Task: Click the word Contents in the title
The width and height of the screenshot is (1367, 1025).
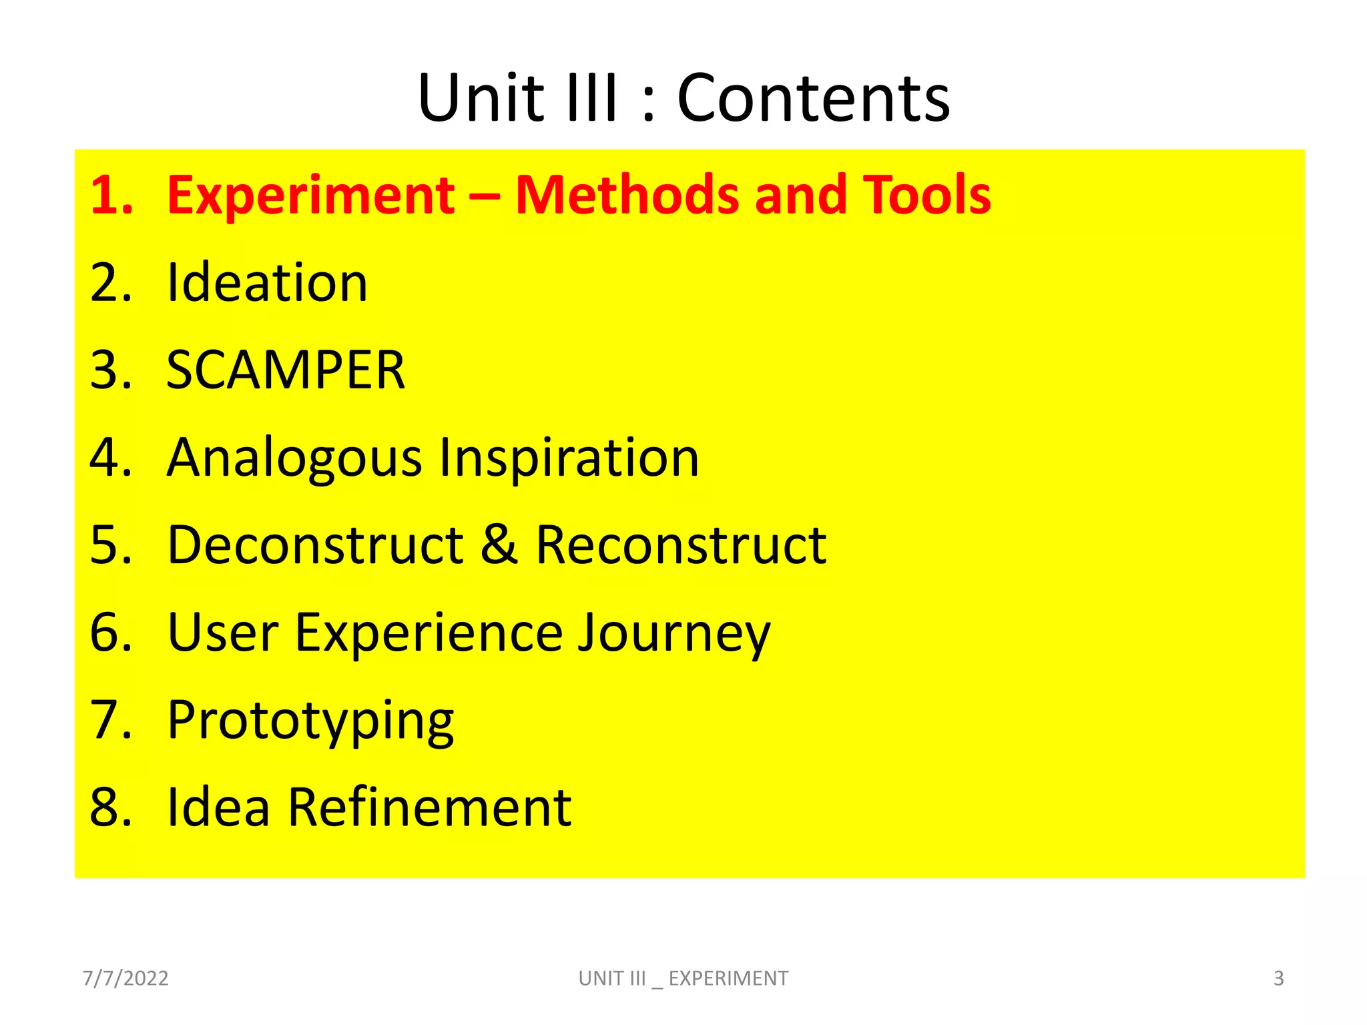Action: click(813, 99)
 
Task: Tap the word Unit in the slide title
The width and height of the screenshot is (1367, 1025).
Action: click(481, 99)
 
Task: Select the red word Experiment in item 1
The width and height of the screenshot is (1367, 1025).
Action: click(310, 196)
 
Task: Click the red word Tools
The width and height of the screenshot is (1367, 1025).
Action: click(926, 196)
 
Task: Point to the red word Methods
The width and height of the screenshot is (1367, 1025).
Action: click(627, 196)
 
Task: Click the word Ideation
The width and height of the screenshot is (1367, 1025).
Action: click(267, 283)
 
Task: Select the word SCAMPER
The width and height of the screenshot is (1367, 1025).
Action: click(286, 370)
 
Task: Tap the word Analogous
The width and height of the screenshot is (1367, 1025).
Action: click(294, 459)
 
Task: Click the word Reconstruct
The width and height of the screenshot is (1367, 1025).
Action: click(681, 545)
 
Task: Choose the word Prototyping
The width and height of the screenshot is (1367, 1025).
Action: click(310, 722)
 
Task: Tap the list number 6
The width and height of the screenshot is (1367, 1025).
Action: click(111, 633)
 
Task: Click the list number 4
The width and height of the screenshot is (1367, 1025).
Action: click(111, 458)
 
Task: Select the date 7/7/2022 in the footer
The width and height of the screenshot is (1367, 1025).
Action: click(125, 978)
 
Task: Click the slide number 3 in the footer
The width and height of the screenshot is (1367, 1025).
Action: click(1279, 978)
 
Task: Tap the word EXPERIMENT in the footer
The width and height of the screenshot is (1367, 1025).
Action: click(728, 978)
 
